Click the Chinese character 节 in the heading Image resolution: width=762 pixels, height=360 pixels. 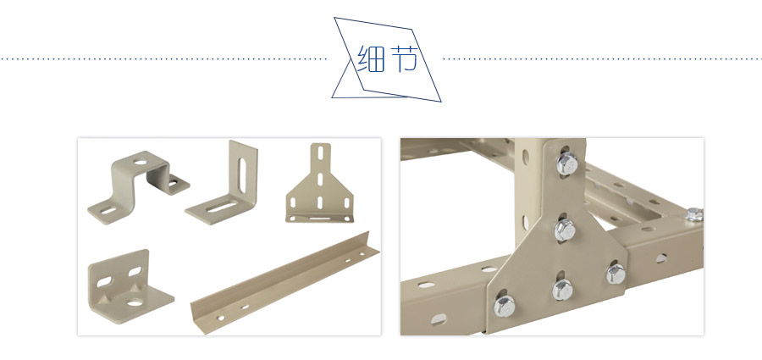point(404,58)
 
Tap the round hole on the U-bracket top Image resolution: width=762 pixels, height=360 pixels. point(141,162)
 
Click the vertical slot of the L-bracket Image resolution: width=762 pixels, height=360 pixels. point(242,174)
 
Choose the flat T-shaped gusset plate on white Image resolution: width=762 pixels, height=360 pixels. point(320,183)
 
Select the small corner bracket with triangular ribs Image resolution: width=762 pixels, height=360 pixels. point(130,286)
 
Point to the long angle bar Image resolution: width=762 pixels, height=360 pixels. point(284,282)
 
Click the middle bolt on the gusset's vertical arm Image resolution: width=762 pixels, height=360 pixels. point(565,230)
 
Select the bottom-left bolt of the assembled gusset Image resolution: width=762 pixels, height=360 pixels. point(505,306)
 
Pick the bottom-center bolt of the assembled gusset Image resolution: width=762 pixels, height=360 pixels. point(562,290)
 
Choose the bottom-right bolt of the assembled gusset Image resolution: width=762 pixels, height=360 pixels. point(616,274)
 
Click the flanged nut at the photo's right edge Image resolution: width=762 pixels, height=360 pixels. point(694,214)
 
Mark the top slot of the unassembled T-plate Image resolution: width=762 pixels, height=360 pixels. point(321,152)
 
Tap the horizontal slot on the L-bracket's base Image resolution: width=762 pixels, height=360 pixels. point(222,207)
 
